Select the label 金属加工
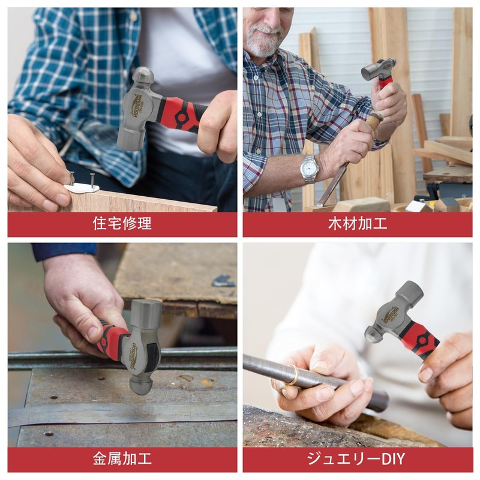pos(122,460)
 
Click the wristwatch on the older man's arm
pos(309,169)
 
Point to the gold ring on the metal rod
pos(292,376)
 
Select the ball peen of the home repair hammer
pos(143,76)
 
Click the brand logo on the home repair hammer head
pos(137,106)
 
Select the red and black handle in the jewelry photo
pos(421,339)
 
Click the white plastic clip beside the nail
pos(82,188)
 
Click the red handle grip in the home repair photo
pos(180,113)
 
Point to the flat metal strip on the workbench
pos(120,415)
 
